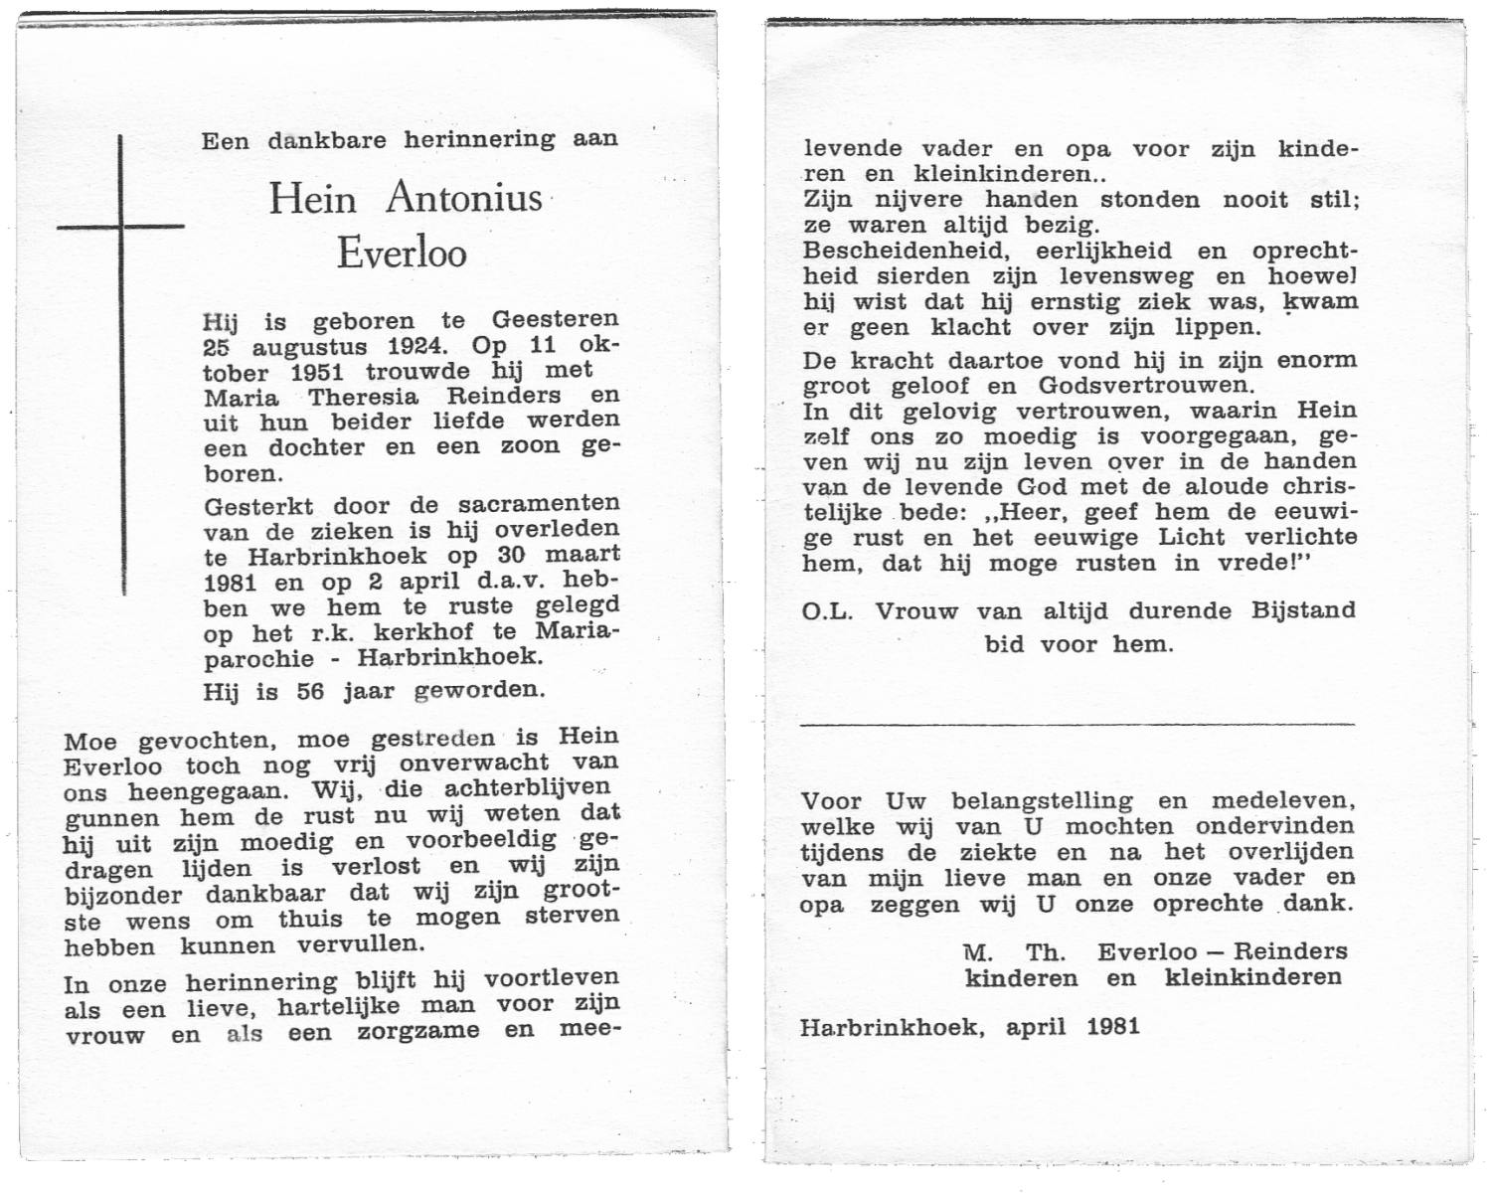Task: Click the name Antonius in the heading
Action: coord(463,198)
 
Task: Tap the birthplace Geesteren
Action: coord(555,321)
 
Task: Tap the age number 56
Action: coord(310,691)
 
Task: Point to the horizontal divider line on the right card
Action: coord(1078,724)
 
